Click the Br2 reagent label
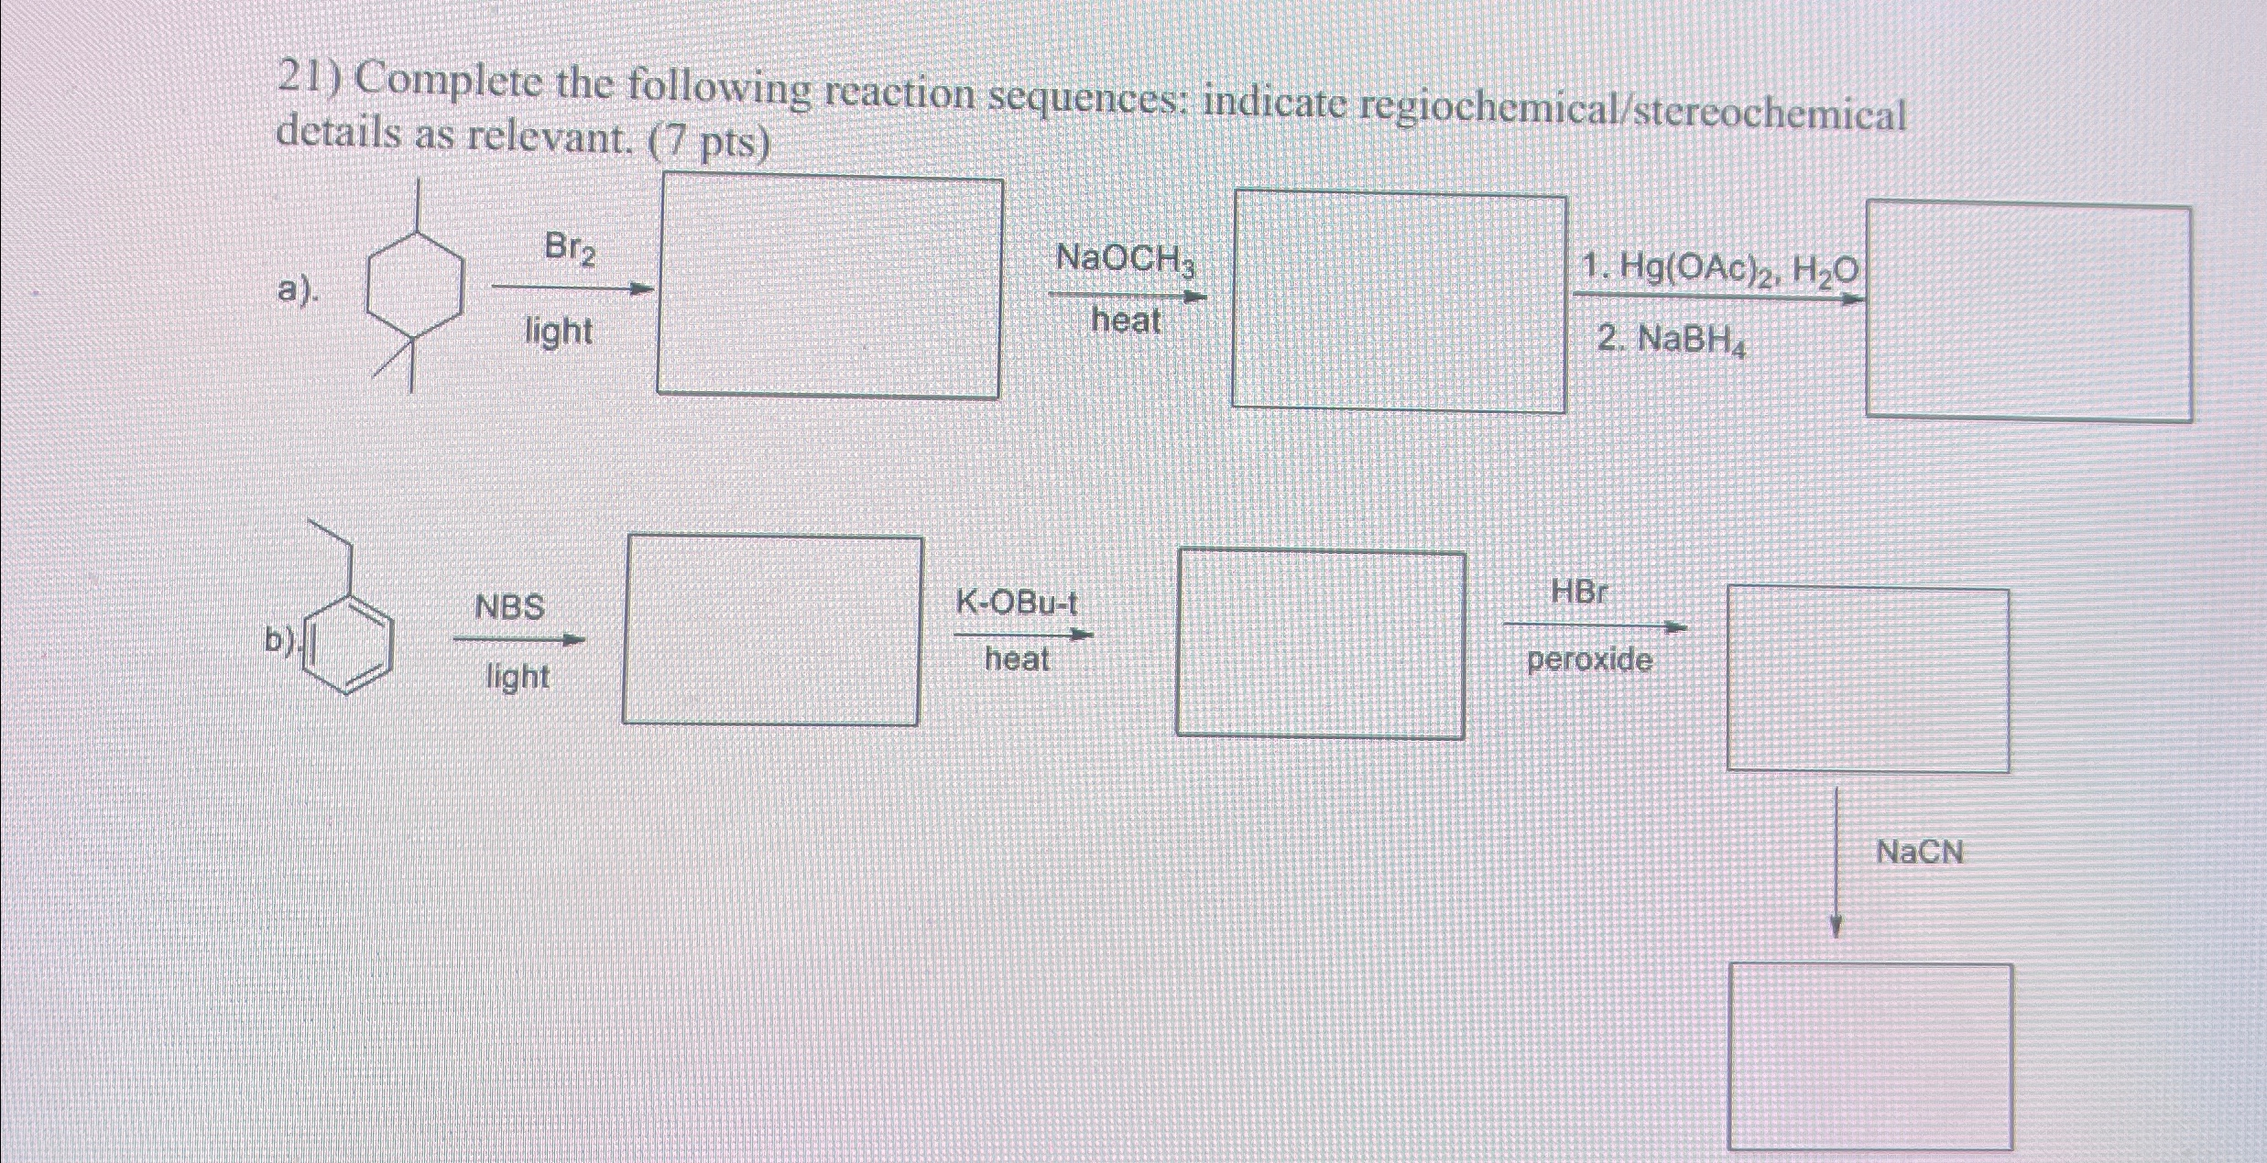[569, 248]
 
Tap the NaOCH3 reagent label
[1126, 259]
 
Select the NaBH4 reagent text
[1672, 342]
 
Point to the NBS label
[510, 607]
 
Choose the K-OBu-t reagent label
[1017, 603]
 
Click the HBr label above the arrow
[1579, 592]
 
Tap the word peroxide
[1589, 660]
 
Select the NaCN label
[1920, 853]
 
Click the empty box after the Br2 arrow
[829, 287]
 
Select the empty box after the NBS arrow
[772, 630]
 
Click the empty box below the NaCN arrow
[1869, 1055]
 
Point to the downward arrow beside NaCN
[1836, 861]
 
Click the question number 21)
[310, 81]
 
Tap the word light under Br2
[558, 331]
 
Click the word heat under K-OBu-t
[1017, 658]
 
